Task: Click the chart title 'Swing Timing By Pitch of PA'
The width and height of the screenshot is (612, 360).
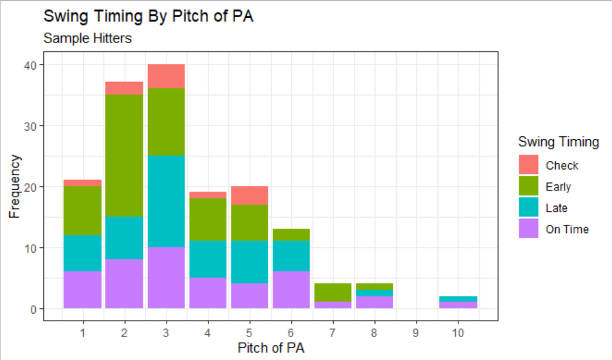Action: coord(148,17)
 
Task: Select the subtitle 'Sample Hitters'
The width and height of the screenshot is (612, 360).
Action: coord(87,38)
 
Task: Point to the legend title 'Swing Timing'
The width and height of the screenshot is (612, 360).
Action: coord(558,142)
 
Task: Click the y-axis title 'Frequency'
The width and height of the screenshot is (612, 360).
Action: coord(15,186)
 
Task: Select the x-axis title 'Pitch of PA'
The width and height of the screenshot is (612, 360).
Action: coord(270,348)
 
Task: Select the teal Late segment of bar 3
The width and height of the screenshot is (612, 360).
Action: coord(166,202)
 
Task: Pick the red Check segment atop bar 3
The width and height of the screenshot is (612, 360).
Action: coord(166,76)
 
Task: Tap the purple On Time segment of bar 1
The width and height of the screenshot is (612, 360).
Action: coord(83,290)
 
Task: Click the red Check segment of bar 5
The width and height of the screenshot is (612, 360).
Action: coord(249,195)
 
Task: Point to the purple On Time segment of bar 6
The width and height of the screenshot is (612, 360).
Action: coord(291,290)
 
